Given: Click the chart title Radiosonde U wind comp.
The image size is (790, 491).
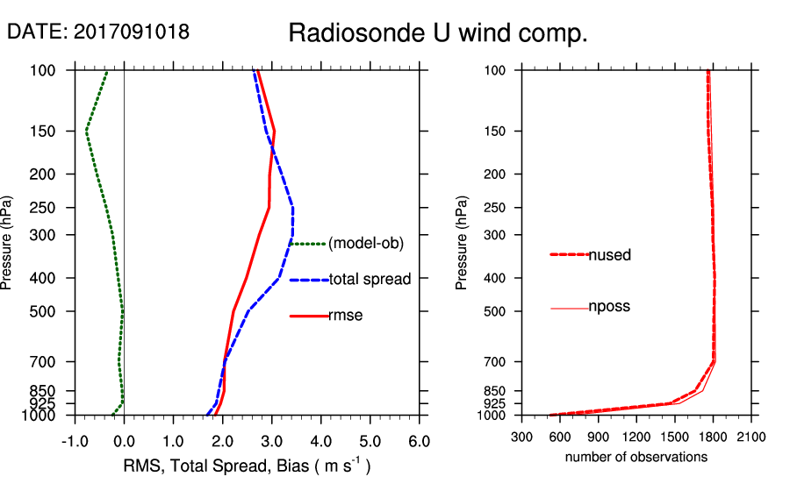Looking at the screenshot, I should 438,33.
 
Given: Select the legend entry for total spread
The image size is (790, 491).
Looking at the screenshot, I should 370,280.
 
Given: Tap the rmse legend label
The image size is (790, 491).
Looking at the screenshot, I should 345,316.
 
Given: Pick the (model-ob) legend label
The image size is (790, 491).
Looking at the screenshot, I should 365,244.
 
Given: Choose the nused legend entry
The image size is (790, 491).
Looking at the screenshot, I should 609,255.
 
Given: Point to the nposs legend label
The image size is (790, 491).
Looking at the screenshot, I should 609,307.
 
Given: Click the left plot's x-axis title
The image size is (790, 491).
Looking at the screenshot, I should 245,466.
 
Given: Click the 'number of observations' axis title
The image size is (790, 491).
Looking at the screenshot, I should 636,457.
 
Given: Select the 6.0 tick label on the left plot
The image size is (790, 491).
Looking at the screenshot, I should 419,439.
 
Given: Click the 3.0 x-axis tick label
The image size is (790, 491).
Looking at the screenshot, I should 271,439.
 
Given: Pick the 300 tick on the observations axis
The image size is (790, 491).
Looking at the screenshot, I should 522,436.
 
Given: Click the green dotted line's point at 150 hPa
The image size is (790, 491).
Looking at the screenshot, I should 86,131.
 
